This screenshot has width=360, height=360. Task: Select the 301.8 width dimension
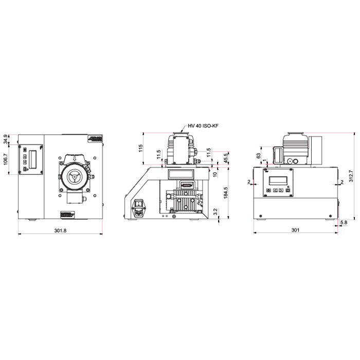coord(60,230)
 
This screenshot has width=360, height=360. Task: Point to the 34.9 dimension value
coord(6,139)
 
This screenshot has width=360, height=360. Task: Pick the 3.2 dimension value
coord(215,211)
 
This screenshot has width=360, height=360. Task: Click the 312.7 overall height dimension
coord(351,176)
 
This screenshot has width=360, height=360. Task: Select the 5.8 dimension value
coord(343,222)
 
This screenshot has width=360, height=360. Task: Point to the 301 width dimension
coord(295,230)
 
